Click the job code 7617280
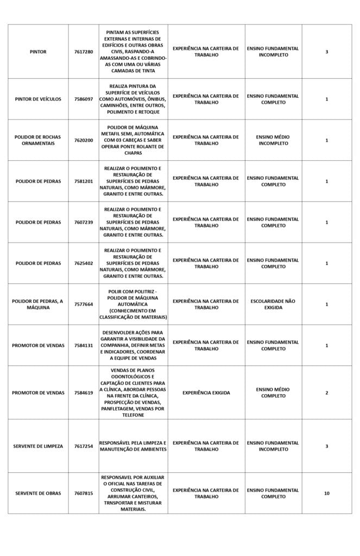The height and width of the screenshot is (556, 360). pyautogui.click(x=83, y=52)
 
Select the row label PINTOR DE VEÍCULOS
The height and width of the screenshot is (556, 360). pyautogui.click(x=38, y=99)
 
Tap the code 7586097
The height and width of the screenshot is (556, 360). pyautogui.click(x=83, y=99)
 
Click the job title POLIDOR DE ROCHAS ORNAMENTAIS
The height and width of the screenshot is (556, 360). pyautogui.click(x=38, y=140)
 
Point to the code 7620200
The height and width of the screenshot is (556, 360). pyautogui.click(x=83, y=140)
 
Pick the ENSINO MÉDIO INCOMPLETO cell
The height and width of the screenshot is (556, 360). pyautogui.click(x=273, y=140)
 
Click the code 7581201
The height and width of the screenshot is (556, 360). pyautogui.click(x=83, y=181)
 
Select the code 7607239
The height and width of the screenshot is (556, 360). pyautogui.click(x=83, y=222)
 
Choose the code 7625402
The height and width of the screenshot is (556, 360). pyautogui.click(x=83, y=263)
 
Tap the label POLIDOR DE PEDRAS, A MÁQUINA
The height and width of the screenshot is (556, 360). pyautogui.click(x=38, y=304)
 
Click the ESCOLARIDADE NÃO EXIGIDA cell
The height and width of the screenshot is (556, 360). pyautogui.click(x=273, y=304)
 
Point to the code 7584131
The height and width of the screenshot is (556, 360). pyautogui.click(x=83, y=345)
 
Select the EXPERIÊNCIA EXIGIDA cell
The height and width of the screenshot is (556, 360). pyautogui.click(x=206, y=393)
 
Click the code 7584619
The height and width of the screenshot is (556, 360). pyautogui.click(x=83, y=393)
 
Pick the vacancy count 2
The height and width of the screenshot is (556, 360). pyautogui.click(x=326, y=393)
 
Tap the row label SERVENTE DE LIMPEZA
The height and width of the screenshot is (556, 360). pyautogui.click(x=38, y=446)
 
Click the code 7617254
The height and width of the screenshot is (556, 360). pyautogui.click(x=83, y=446)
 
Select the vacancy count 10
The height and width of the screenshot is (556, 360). pyautogui.click(x=326, y=494)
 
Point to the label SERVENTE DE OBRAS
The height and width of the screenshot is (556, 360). pyautogui.click(x=38, y=494)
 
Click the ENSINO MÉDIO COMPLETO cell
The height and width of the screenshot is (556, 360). pyautogui.click(x=273, y=393)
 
